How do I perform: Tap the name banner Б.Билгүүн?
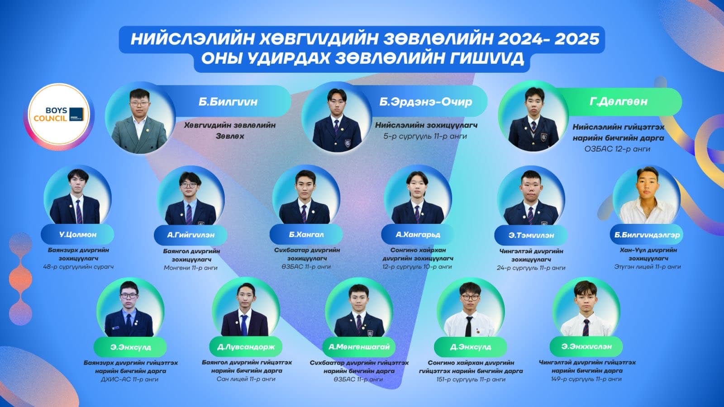(228, 102)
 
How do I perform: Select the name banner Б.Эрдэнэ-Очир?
(425, 102)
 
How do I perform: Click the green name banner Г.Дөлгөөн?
(619, 102)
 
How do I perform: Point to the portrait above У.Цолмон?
(77, 196)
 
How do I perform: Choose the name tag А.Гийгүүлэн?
(191, 235)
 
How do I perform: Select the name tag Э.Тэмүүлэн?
(531, 235)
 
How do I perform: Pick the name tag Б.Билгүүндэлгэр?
(647, 235)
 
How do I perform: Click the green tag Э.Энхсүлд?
(131, 347)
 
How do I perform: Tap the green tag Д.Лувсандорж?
(246, 347)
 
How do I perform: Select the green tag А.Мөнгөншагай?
(359, 347)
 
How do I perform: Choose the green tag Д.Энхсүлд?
(471, 347)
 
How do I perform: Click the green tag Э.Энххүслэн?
(586, 346)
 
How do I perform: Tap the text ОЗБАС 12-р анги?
(617, 149)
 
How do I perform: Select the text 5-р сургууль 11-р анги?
(425, 136)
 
